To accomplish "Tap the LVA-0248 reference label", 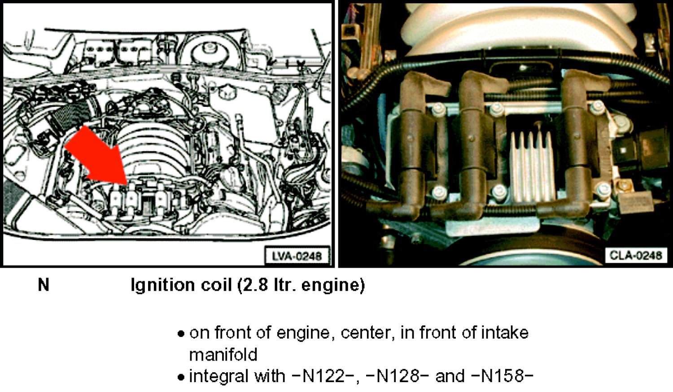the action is click(x=297, y=256).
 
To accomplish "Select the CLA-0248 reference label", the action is click(x=635, y=255).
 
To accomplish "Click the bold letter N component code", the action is click(x=44, y=284).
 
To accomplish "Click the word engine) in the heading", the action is click(x=333, y=285).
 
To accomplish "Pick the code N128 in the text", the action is click(x=398, y=376).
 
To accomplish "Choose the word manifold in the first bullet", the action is click(x=223, y=354).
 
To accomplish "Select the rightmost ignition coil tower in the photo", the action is click(x=575, y=141).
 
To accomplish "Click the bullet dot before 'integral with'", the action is click(x=180, y=377).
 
